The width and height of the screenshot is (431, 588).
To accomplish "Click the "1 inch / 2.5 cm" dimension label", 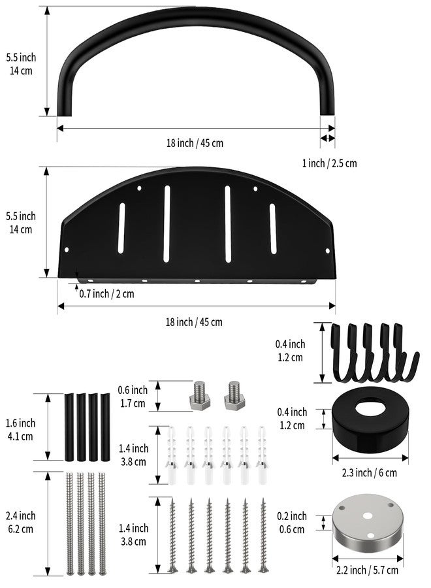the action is point(329,163).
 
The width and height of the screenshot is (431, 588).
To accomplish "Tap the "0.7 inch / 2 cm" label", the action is point(106,293).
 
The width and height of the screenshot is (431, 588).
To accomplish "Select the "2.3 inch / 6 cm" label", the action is point(369,472).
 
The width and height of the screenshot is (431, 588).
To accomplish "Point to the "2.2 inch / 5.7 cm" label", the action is point(367,570).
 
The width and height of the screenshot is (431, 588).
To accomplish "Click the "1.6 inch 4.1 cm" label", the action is point(20,430).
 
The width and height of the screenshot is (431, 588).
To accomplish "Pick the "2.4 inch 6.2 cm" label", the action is point(20,523).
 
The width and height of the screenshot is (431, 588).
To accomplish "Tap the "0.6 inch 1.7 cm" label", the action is point(133,397).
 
